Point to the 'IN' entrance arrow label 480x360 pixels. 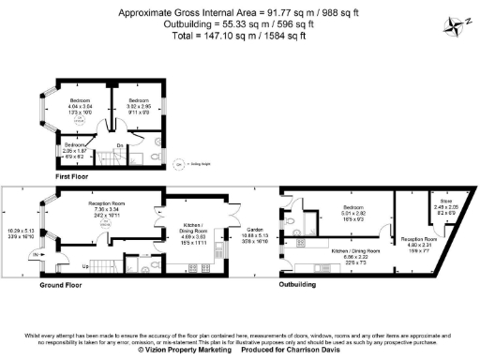coord(35,254)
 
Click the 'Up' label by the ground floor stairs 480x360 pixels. coord(87,266)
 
